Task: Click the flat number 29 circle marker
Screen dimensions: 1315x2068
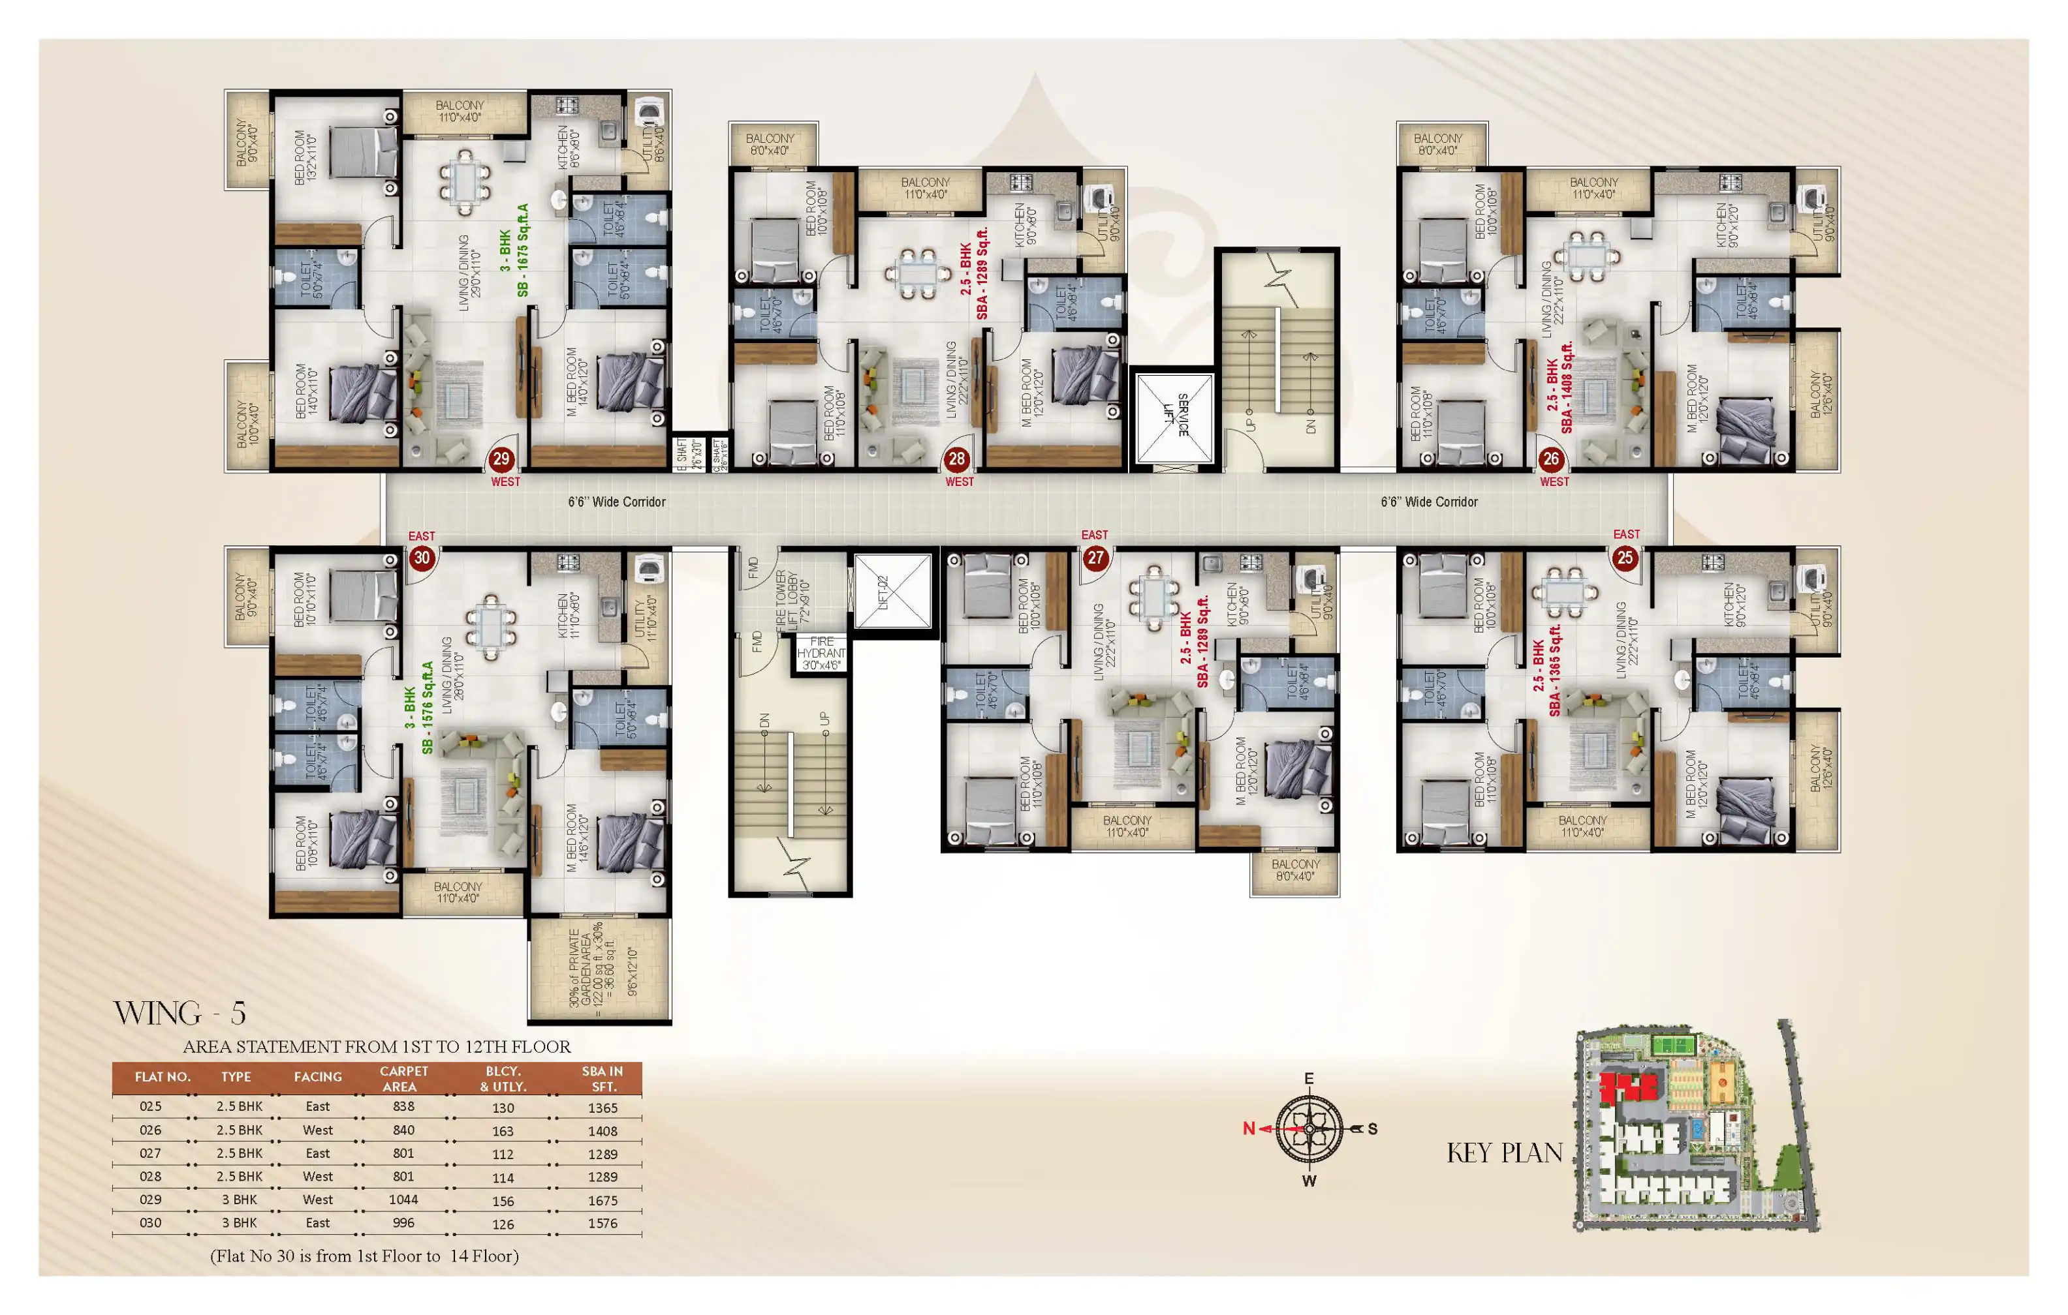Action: click(501, 459)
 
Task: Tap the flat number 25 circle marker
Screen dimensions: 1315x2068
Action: click(1625, 558)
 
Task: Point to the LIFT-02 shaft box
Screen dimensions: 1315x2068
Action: click(892, 592)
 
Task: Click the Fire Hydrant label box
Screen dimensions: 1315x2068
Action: click(821, 653)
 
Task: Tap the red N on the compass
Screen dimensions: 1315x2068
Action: click(1249, 1128)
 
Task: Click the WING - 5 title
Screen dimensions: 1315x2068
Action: click(180, 1014)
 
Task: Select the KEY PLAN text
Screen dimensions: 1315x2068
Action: click(1505, 1153)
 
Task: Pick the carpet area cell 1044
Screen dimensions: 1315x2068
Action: click(403, 1199)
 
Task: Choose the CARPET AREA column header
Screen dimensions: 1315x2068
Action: click(403, 1078)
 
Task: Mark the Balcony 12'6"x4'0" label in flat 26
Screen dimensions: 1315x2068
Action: click(1815, 395)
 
